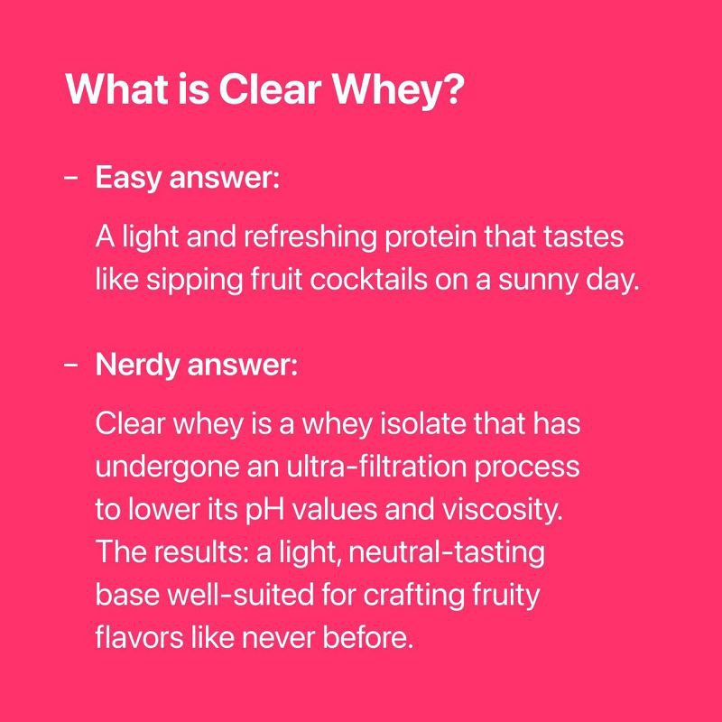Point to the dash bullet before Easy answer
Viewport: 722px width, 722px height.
71,178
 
